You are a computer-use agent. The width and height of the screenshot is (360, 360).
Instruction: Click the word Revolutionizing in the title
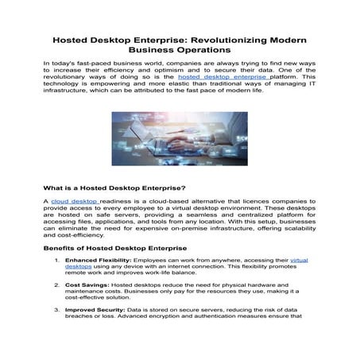pyautogui.click(x=225, y=38)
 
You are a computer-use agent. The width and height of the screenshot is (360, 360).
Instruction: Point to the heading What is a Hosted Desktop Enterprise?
pyautogui.click(x=114, y=188)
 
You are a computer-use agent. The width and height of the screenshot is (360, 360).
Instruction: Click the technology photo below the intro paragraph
pyautogui.click(x=179, y=137)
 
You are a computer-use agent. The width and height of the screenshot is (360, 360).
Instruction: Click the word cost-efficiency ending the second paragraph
pyautogui.click(x=85, y=234)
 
